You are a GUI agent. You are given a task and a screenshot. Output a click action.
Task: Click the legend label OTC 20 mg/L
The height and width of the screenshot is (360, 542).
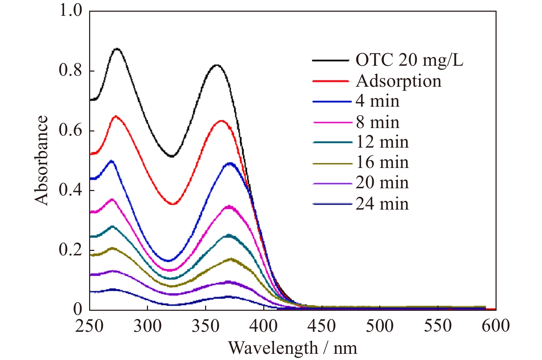pos(409,61)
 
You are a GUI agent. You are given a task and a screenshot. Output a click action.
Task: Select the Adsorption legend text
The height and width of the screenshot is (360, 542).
pos(398,81)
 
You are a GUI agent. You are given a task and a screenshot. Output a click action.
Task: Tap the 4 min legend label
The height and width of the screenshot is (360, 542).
pos(378,101)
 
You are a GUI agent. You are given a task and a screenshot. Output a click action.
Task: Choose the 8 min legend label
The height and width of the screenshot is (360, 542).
pos(378,122)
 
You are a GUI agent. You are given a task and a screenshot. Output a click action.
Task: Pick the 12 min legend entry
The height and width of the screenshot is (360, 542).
pos(382,142)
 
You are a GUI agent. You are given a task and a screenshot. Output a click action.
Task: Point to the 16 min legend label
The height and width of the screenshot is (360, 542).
pos(382,162)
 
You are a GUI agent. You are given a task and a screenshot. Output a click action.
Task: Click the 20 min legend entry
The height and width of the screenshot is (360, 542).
pos(382,183)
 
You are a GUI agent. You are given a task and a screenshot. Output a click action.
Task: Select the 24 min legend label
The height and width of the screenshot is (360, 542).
pos(382,204)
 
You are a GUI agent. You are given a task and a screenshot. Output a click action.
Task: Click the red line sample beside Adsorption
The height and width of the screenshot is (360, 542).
pos(331,81)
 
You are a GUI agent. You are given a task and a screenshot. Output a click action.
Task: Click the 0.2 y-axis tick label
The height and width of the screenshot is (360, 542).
pos(71,250)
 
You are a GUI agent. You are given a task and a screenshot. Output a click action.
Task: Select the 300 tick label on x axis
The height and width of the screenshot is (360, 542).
pos(147,326)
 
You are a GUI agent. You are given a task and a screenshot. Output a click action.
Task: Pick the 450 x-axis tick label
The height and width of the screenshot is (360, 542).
pos(321,326)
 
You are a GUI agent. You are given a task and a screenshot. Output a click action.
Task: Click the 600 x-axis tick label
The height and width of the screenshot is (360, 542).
pos(496,326)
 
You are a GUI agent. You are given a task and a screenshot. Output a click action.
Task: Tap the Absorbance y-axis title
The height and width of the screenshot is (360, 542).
pos(41,160)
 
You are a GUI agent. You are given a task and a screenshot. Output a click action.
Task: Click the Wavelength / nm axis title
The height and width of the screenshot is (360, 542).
pos(293,348)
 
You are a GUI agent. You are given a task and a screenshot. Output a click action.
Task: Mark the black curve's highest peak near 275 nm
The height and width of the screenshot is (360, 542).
pos(117,49)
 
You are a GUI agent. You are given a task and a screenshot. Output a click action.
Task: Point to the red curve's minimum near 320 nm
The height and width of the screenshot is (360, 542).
pos(173,204)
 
